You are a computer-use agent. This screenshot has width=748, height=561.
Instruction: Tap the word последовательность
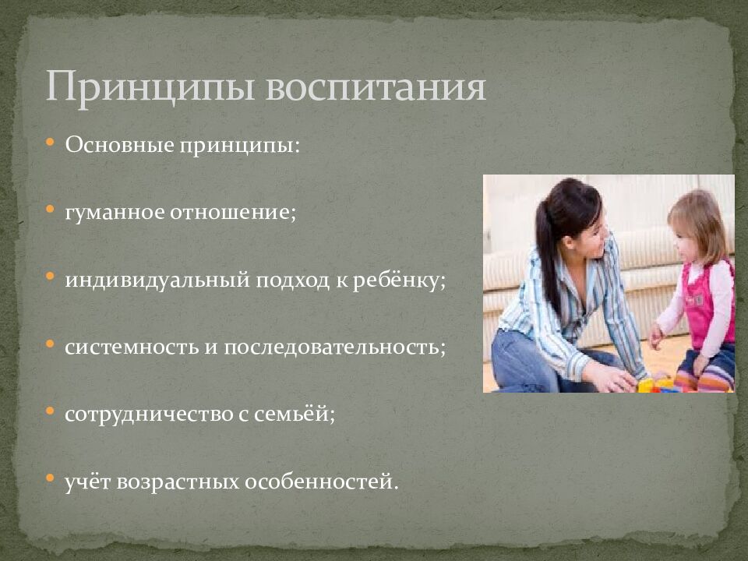click(335, 347)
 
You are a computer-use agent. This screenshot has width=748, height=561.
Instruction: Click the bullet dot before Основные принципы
click(50, 144)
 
